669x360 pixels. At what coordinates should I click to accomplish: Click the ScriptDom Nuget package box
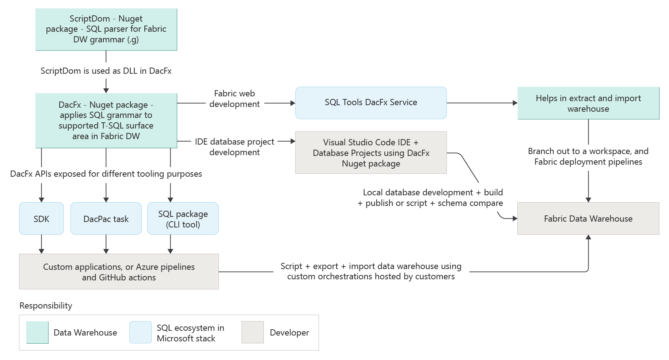(106, 29)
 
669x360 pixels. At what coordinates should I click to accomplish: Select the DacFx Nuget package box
(106, 120)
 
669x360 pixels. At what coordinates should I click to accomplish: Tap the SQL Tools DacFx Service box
(371, 103)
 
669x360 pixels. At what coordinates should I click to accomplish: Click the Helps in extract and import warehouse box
(588, 103)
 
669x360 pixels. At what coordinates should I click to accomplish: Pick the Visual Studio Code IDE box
(371, 153)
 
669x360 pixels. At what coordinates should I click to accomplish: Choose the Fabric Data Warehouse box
(588, 219)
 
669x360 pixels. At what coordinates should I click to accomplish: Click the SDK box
(41, 219)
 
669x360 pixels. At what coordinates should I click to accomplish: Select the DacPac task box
(106, 219)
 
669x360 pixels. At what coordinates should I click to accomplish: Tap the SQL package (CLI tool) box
(183, 219)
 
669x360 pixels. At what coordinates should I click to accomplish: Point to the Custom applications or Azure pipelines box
(119, 272)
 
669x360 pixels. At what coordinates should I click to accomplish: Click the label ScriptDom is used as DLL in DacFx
(106, 71)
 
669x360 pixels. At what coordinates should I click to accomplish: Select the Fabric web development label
(235, 99)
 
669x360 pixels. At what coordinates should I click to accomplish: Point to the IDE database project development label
(235, 147)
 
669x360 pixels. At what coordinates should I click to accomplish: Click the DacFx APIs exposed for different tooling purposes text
(106, 174)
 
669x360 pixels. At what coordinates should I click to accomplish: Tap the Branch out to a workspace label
(588, 156)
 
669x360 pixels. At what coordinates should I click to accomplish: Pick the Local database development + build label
(430, 198)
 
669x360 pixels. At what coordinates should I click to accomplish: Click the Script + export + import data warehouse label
(371, 271)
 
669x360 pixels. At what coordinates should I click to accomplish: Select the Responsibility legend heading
(46, 306)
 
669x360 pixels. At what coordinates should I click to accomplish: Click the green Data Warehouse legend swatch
(37, 332)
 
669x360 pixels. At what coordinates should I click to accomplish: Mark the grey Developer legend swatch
(252, 332)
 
